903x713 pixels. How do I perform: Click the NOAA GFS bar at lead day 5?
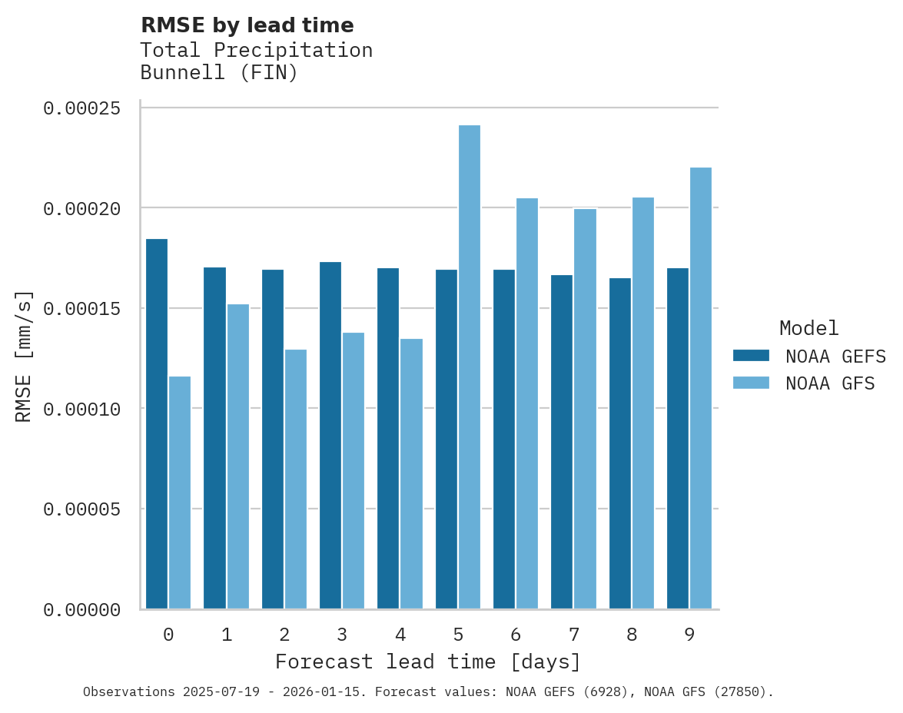[x=470, y=366]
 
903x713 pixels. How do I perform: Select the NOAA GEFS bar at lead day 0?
[x=157, y=423]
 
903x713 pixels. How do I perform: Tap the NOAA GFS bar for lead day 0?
[x=180, y=492]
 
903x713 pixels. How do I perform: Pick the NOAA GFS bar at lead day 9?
[x=701, y=388]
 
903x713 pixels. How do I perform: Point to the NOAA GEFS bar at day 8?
[x=620, y=443]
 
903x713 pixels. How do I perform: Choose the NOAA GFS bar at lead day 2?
[x=296, y=479]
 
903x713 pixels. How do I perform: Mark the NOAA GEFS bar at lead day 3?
[x=330, y=435]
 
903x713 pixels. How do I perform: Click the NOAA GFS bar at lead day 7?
[x=585, y=409]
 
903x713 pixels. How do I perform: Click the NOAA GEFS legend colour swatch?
[x=752, y=355]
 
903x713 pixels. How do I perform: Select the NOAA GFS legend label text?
[x=830, y=383]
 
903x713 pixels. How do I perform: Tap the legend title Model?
[x=808, y=328]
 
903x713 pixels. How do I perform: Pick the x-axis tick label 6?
[x=516, y=635]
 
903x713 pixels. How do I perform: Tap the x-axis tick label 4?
[x=400, y=635]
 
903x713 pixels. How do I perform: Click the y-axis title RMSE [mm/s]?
[x=24, y=356]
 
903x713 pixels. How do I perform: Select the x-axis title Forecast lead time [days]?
[x=428, y=662]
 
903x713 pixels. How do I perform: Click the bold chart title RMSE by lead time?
[x=247, y=25]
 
